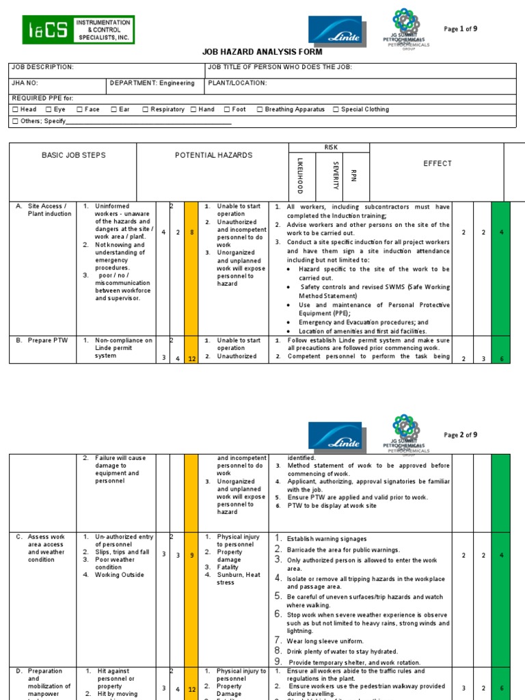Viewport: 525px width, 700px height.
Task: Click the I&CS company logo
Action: tap(79, 30)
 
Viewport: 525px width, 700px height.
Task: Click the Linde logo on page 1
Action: tap(335, 31)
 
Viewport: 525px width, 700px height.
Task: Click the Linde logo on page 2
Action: tap(335, 435)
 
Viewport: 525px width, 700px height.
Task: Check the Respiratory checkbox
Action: tap(146, 109)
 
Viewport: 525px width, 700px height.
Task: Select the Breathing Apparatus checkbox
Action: tap(260, 109)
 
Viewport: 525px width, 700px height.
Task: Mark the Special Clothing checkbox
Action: tap(336, 109)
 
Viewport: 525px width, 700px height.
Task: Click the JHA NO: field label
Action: tap(25, 83)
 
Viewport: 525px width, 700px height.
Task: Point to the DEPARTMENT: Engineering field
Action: tap(152, 83)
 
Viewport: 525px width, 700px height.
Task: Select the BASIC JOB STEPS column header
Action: tap(74, 156)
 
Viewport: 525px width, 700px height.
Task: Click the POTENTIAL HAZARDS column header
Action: tap(213, 156)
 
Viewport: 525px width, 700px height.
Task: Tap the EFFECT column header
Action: tap(437, 163)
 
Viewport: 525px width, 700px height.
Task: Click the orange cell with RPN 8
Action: tap(191, 232)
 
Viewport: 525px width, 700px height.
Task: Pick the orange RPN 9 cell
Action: tap(191, 554)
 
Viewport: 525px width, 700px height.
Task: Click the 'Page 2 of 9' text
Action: tap(461, 435)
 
